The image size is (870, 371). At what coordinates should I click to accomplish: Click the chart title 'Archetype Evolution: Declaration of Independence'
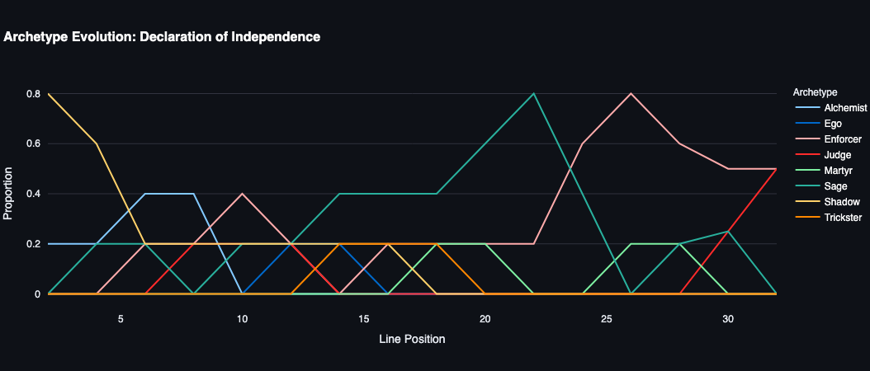click(x=162, y=37)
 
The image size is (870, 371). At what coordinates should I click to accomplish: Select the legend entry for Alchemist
click(x=845, y=108)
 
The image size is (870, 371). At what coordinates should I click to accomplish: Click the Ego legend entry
click(x=833, y=124)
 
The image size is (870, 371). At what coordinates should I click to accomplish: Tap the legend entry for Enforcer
click(x=843, y=139)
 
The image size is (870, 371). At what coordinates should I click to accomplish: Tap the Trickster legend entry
click(x=843, y=218)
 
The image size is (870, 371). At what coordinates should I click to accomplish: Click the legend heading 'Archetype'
click(x=815, y=92)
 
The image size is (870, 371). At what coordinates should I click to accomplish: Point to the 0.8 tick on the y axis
click(x=33, y=94)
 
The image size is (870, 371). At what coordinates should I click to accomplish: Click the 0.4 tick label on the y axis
click(x=33, y=194)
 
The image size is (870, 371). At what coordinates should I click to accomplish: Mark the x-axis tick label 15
click(x=364, y=318)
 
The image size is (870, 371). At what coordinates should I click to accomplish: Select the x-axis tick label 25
click(x=607, y=318)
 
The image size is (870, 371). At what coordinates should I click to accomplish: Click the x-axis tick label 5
click(x=121, y=318)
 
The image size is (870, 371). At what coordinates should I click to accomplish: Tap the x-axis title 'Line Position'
click(x=412, y=339)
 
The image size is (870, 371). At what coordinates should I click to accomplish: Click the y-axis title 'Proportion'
click(x=9, y=194)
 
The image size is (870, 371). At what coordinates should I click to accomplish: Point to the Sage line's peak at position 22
click(x=534, y=93)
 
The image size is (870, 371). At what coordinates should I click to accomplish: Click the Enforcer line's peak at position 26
click(x=631, y=93)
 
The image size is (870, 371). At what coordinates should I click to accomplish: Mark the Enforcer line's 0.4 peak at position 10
click(x=242, y=194)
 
